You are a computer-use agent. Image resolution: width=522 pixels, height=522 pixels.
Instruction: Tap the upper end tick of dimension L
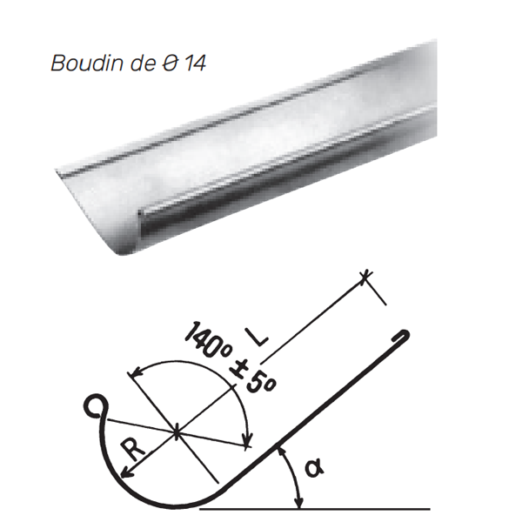pos(369,276)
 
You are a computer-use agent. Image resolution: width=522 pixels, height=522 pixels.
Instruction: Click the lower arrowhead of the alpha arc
pos(300,505)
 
